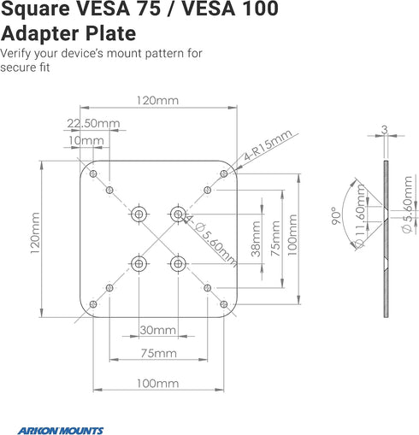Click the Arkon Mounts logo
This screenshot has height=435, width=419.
61,430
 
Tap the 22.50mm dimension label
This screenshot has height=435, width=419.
93,123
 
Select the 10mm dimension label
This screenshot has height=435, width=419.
86,140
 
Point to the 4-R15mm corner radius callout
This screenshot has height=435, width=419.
268,144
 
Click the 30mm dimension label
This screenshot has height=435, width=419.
158,330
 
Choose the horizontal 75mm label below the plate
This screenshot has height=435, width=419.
159,353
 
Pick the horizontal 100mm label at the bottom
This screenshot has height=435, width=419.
158,384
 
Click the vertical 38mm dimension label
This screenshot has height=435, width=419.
256,238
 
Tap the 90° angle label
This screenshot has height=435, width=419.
336,215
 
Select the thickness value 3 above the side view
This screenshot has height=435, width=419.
385,130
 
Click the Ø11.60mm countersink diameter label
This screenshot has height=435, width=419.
360,216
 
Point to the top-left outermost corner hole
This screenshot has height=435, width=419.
93,173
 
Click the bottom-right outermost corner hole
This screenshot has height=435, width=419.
224,304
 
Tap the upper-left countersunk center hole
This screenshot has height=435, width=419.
139,214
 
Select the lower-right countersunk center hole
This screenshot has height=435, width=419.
178,264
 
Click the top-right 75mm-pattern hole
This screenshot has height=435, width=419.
208,190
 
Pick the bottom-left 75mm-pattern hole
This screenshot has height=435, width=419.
109,288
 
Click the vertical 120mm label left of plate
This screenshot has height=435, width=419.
35,233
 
